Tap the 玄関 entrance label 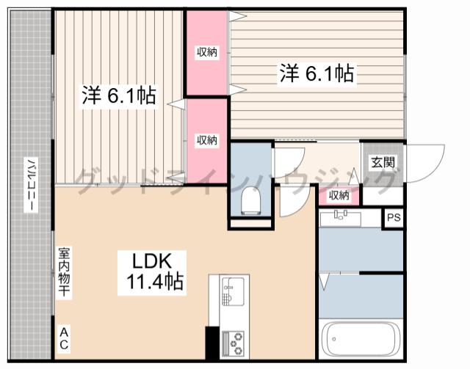point(383,162)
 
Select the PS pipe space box point(394,218)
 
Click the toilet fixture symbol point(250,201)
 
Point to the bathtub point(360,340)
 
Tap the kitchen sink point(234,291)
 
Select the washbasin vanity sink point(341,218)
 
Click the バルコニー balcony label point(31,185)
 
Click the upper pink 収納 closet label point(207,52)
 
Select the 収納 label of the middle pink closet point(207,140)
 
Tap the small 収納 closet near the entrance point(339,196)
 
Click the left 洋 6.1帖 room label point(119,96)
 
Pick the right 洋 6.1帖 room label point(317,73)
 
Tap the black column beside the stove point(212,343)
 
